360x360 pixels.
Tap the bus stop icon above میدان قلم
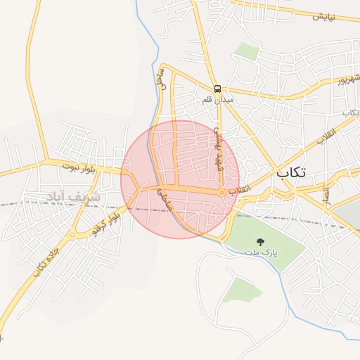tap(218, 89)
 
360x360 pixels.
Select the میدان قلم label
tap(218, 100)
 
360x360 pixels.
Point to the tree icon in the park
tap(262, 241)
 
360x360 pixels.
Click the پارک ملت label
tap(262, 251)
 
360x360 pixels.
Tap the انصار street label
tap(326, 195)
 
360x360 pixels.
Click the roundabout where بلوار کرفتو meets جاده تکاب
tap(72, 236)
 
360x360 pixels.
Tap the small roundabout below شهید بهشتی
tap(221, 192)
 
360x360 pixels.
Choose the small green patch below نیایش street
tap(246, 50)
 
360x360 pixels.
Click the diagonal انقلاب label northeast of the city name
tap(326, 136)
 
